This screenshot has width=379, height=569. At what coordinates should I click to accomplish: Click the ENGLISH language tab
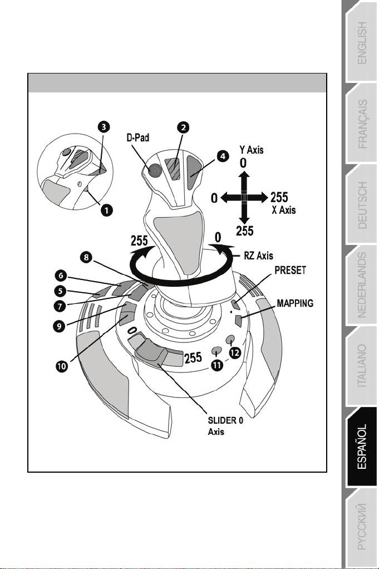coord(362,43)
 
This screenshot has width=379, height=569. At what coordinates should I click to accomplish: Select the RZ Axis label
coord(258,256)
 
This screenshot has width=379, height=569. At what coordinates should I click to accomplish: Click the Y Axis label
coord(251,150)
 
